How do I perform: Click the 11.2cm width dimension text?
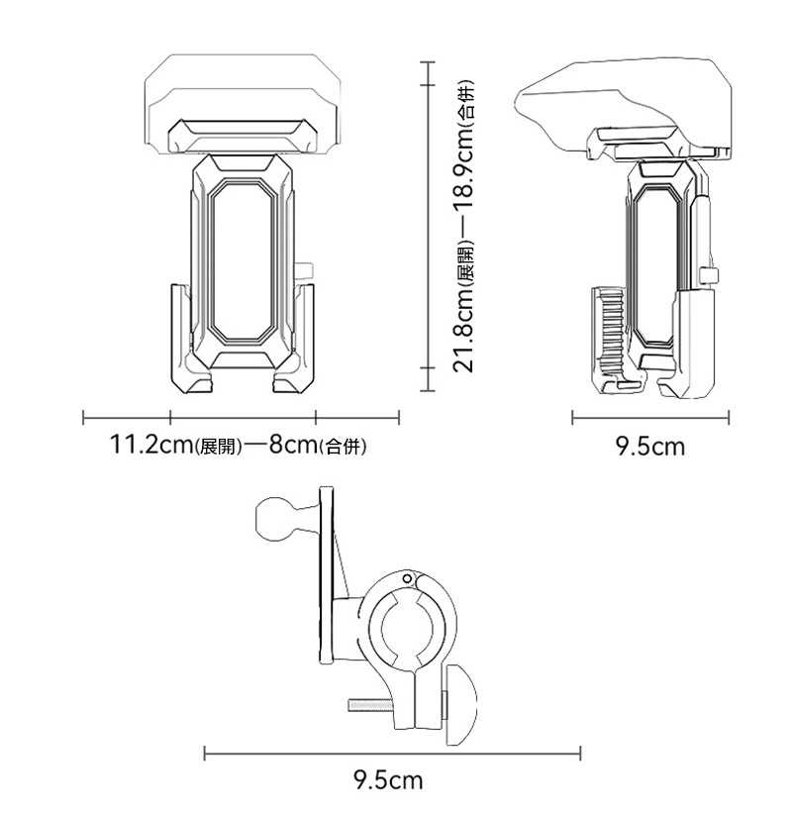point(151,446)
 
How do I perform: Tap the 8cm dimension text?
point(293,446)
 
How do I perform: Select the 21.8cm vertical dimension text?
point(463,330)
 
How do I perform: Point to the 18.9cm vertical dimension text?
point(463,168)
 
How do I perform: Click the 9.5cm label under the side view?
point(650,447)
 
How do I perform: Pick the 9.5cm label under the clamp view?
point(388,780)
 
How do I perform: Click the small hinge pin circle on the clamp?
point(408,578)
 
